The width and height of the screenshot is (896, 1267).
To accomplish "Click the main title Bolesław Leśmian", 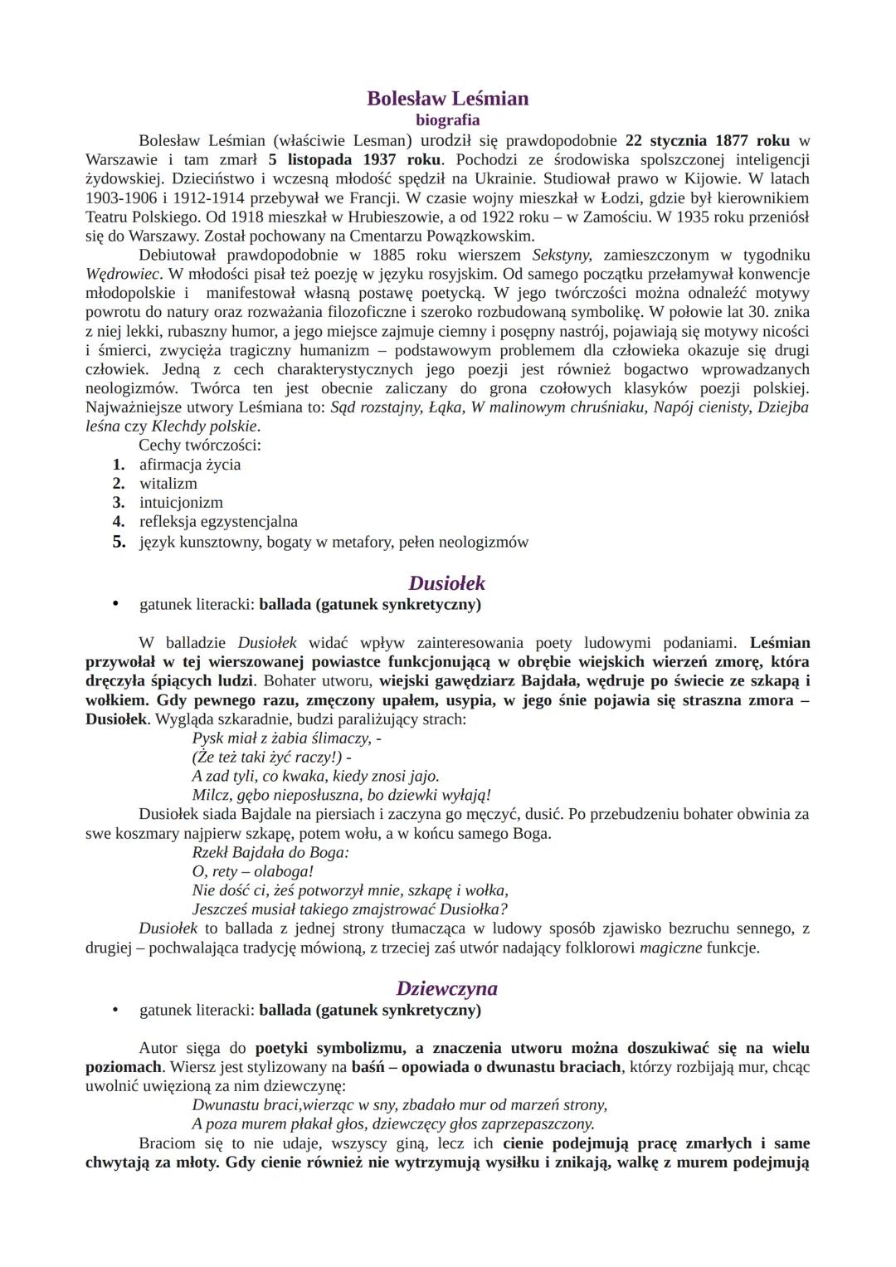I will coord(447,99).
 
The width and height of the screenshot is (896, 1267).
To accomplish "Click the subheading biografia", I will coord(447,120).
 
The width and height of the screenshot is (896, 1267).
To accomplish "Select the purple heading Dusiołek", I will coord(447,582).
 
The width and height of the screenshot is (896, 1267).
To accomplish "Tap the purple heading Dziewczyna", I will coord(447,988).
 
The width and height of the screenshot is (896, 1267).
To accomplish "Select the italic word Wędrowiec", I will coord(122,274).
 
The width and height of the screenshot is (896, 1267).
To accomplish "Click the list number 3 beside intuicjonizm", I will coord(119,503).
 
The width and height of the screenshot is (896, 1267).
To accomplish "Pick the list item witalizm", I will coord(168,484).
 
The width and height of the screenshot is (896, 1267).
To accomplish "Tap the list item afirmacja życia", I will coord(190,465).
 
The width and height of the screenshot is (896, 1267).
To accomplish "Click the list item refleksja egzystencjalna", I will coord(218,522).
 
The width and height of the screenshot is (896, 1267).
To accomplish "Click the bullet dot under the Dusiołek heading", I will coord(116,604).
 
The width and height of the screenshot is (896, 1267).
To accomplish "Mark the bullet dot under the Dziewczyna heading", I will coord(116,1010).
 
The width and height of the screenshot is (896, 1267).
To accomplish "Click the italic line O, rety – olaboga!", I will coord(253,871).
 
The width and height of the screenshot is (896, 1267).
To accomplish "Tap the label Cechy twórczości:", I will coord(200,446).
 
